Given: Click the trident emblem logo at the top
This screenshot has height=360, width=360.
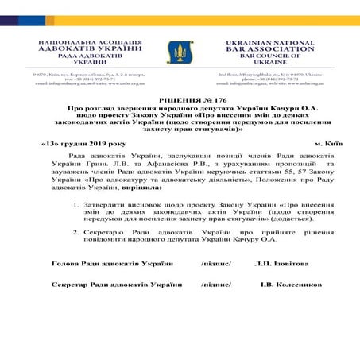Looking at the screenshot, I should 180,53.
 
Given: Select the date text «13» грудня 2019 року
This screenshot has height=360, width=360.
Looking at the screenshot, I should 78,144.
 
